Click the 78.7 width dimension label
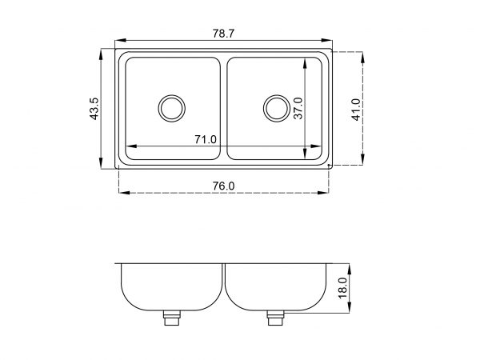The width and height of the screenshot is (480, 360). (223, 34)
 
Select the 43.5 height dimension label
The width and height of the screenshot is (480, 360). (94, 109)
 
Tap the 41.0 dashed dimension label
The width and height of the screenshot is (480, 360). (356, 110)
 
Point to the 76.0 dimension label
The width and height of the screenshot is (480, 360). (223, 186)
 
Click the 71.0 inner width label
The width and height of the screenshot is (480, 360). (206, 139)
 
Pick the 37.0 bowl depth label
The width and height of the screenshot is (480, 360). (298, 108)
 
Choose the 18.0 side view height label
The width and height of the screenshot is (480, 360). (342, 288)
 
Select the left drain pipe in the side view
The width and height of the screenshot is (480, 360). (172, 318)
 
